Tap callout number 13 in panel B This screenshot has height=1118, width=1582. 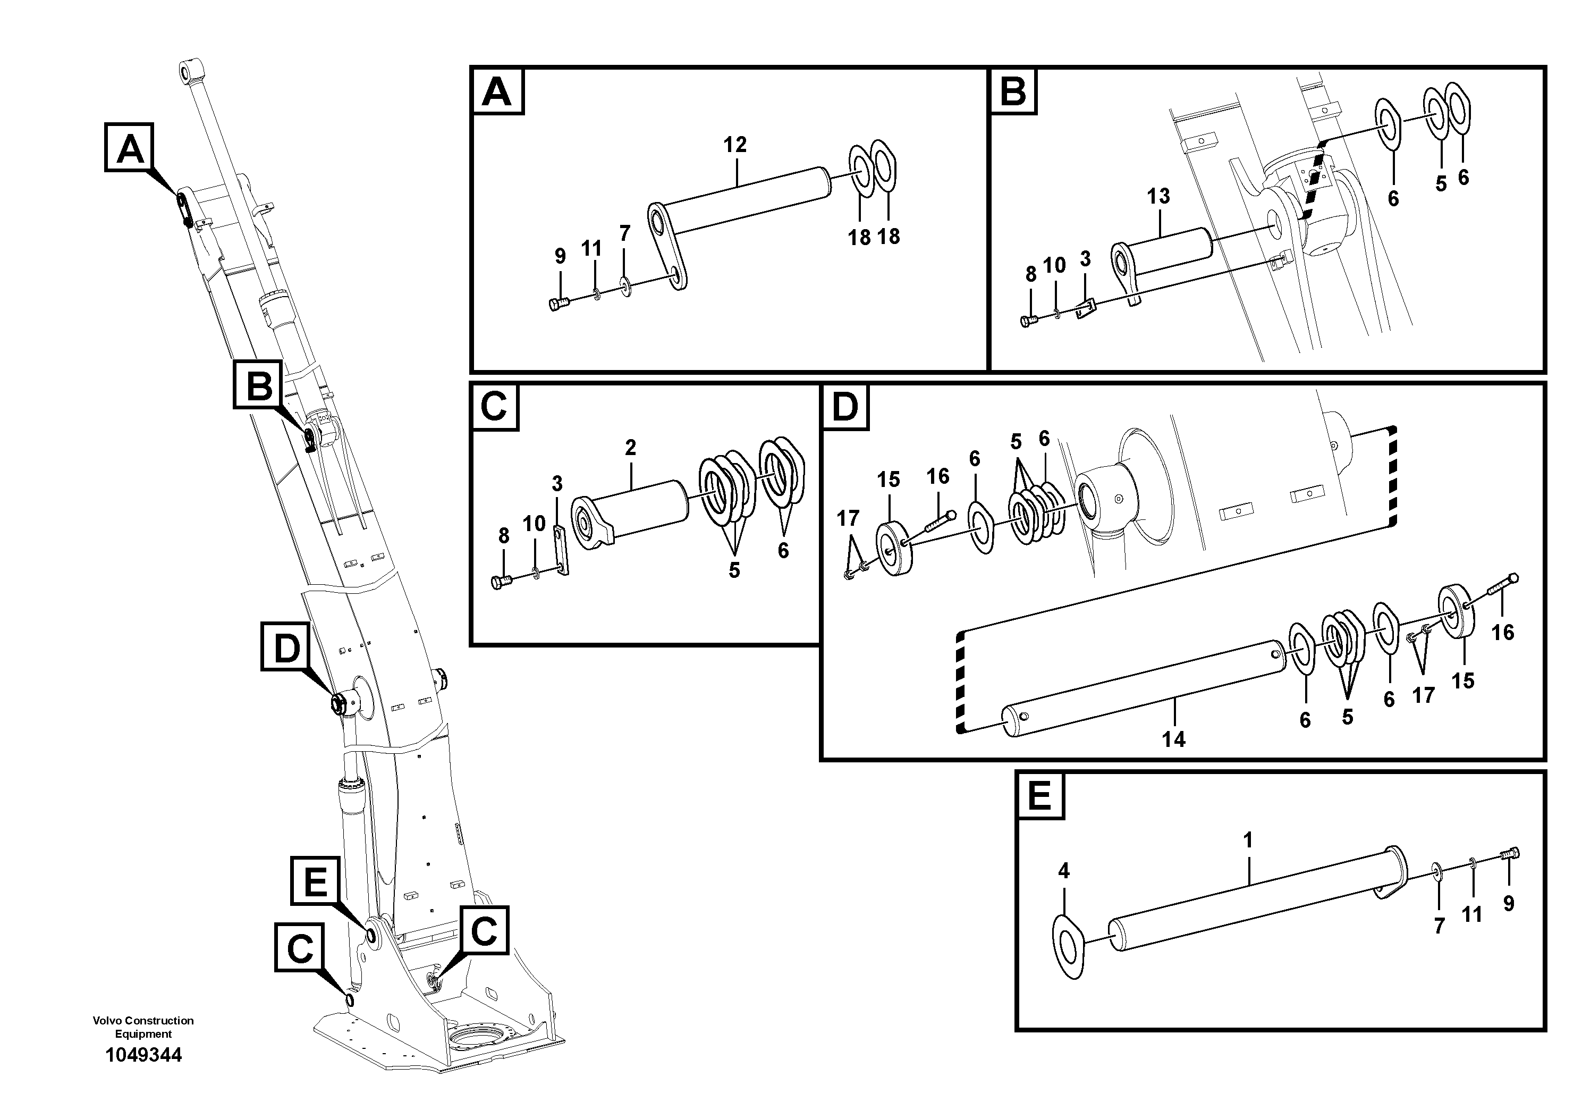click(x=1158, y=197)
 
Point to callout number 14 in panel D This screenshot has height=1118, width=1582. click(x=1173, y=739)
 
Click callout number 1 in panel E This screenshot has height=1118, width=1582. click(x=1247, y=840)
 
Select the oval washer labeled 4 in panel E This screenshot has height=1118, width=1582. click(x=1069, y=946)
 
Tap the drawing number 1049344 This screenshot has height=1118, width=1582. click(x=143, y=1055)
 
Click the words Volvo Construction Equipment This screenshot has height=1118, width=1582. click(x=143, y=1027)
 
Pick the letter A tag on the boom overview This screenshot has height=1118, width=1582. click(x=130, y=147)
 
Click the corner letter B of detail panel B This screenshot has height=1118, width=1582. click(x=1013, y=90)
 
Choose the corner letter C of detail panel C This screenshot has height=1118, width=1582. click(x=494, y=407)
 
